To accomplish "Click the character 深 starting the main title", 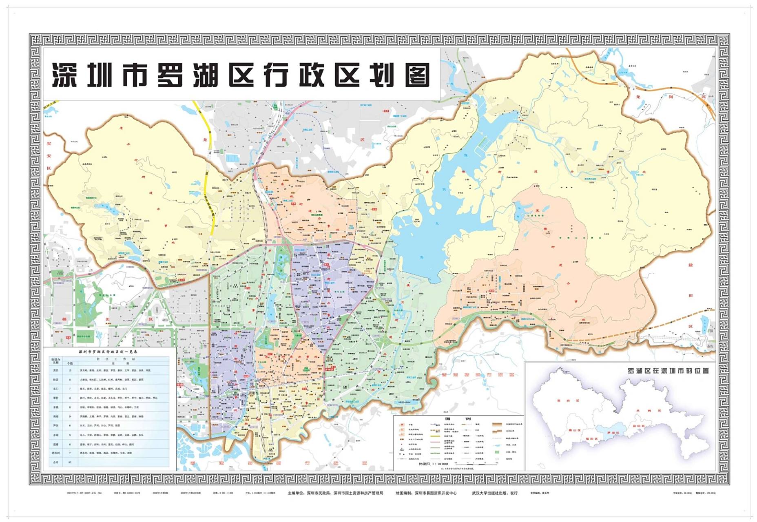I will (x=64, y=75).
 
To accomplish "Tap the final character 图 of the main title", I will (x=417, y=75).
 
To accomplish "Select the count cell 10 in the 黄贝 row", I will (x=70, y=371).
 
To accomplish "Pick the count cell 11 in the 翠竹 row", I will (x=70, y=398).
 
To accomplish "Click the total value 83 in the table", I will (x=70, y=462).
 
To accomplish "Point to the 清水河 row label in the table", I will (x=56, y=453).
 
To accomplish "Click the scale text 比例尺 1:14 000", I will (x=433, y=464).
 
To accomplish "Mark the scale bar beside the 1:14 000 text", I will (x=473, y=464).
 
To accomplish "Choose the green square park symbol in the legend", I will (x=497, y=452).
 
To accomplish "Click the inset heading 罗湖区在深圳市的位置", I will (x=668, y=371).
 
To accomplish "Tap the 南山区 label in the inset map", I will (x=574, y=430).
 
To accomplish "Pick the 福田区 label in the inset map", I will (x=591, y=439).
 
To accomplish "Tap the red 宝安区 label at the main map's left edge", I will (x=49, y=155).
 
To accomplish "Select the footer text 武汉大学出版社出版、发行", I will (x=495, y=493).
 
